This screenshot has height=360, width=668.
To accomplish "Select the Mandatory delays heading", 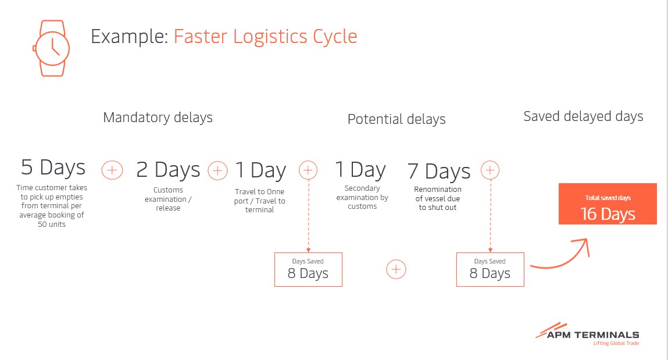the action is tap(158, 117).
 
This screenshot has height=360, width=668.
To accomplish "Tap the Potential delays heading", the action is tap(396, 119).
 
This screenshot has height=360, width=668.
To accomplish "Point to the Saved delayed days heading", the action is tap(583, 117).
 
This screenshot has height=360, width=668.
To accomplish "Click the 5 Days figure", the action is tap(53, 167).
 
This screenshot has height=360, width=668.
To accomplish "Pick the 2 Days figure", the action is tap(168, 170).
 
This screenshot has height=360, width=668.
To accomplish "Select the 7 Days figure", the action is tap(439, 171).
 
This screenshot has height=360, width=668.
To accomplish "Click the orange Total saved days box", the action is tap(608, 204).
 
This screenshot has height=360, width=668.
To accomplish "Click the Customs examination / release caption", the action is tap(168, 199).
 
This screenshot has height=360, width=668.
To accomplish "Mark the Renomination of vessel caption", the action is tap(438, 198).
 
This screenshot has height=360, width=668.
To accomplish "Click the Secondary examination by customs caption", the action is tap(362, 197).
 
